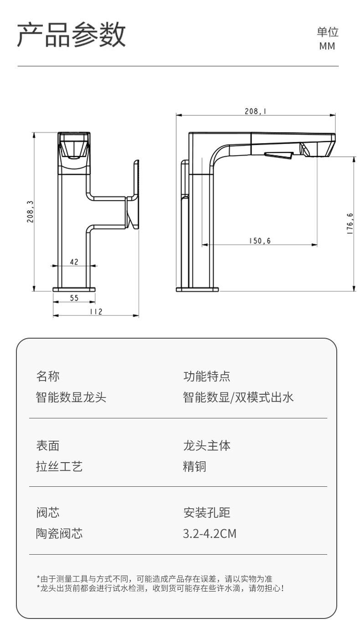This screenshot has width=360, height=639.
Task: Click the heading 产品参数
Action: [71, 34]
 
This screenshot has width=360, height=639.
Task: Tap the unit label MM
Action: [327, 46]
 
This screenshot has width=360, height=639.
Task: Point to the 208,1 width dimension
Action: [256, 111]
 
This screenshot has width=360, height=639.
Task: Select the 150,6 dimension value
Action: [259, 241]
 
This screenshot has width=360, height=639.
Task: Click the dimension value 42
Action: [74, 262]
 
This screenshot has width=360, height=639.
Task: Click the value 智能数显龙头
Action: [71, 397]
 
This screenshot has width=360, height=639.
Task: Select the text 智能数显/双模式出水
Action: [238, 397]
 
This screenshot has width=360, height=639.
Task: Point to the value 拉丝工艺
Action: [59, 466]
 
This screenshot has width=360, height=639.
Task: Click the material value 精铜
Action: [195, 466]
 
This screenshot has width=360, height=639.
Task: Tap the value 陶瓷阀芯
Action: [59, 533]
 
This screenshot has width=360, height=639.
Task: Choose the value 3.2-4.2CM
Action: [210, 533]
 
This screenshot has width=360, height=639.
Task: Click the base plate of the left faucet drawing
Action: [74, 289]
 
